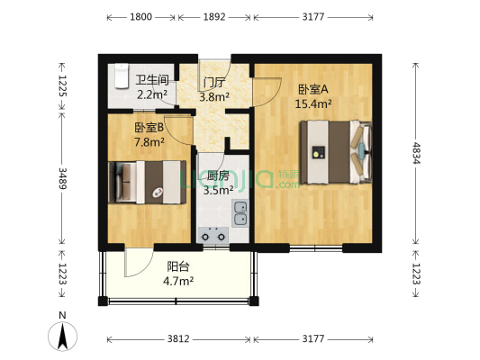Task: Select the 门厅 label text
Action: pos(214,84)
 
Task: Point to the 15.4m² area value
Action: pos(313,103)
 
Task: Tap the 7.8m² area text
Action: pos(149,141)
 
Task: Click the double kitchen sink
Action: pos(240,213)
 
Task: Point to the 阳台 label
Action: pos(178,266)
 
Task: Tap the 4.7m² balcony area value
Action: pos(179,281)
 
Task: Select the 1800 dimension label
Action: pos(140,17)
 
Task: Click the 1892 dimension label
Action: pos(215,17)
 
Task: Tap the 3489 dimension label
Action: pos(62,176)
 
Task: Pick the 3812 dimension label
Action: pos(179,338)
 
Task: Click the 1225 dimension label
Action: pos(62,85)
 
